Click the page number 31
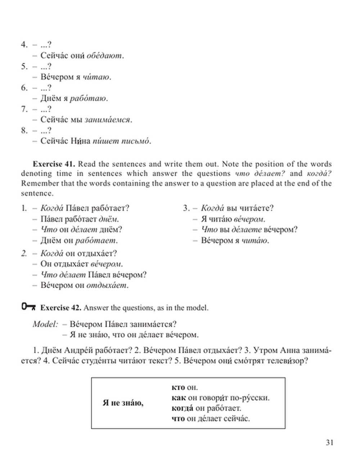tap(329, 442)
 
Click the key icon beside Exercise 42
tap(29, 307)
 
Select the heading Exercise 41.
tap(54, 164)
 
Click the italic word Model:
tap(45, 324)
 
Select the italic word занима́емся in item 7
tap(107, 120)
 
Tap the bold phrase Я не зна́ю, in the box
tap(123, 403)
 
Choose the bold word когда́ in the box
tap(180, 409)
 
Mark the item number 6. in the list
tap(24, 88)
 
